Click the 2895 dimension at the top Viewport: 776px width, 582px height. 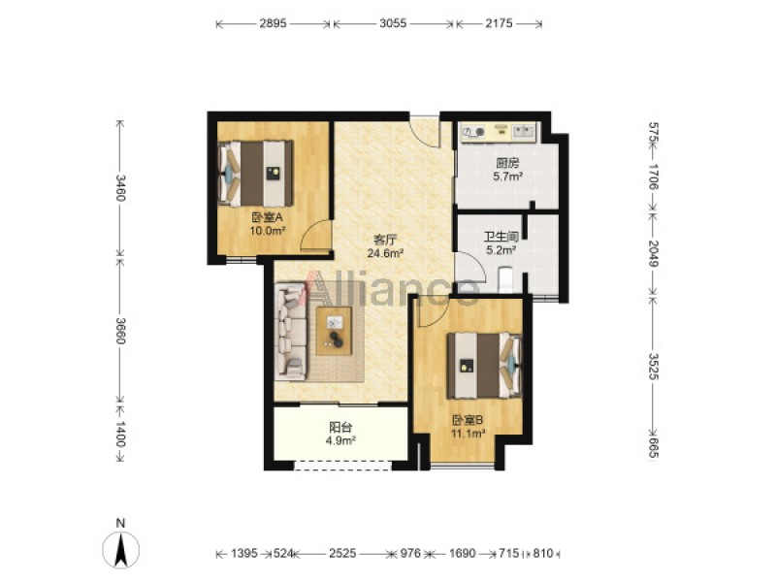(274, 23)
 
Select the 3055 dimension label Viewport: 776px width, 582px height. (393, 23)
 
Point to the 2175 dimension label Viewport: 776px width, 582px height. (499, 23)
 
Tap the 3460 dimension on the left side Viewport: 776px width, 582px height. (120, 187)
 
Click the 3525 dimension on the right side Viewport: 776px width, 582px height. (653, 367)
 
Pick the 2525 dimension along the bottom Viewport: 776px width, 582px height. (342, 553)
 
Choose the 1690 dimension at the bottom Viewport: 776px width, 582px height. (463, 553)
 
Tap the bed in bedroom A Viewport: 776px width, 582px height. (255, 174)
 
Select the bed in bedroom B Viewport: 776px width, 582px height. (484, 366)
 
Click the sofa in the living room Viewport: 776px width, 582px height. (292, 331)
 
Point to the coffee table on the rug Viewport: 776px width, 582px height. (334, 331)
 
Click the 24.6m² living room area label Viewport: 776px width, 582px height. (385, 254)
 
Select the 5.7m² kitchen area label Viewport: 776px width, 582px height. (508, 176)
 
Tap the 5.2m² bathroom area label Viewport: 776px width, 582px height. (501, 250)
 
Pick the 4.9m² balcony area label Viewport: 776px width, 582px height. (341, 440)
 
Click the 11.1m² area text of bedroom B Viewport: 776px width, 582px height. (468, 434)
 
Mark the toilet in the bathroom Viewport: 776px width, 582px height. (505, 279)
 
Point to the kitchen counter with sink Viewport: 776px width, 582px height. (499, 133)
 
